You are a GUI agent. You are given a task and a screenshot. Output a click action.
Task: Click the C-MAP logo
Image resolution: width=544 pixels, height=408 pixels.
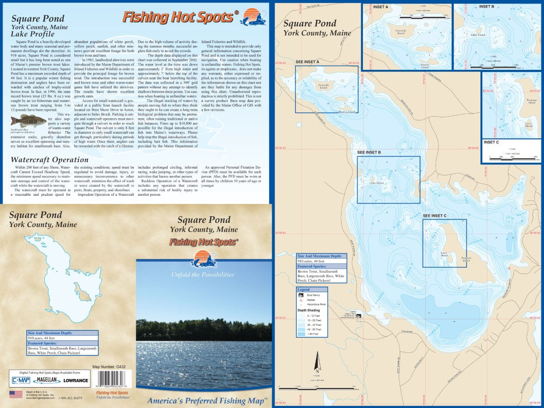tap(20, 379)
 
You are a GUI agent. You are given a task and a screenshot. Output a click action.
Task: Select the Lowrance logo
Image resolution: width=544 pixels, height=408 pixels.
tap(75, 380)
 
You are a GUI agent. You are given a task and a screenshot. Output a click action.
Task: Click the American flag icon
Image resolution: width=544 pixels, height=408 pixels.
tap(13, 394)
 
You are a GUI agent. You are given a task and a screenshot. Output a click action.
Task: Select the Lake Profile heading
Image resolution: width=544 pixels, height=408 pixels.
tap(32, 34)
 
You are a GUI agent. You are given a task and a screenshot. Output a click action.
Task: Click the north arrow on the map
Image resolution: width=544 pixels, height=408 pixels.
tap(317, 361)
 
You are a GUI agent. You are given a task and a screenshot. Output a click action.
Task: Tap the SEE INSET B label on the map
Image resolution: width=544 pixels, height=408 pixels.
tap(369, 152)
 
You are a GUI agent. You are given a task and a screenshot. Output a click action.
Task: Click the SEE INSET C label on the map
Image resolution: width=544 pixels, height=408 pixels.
tap(434, 216)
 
